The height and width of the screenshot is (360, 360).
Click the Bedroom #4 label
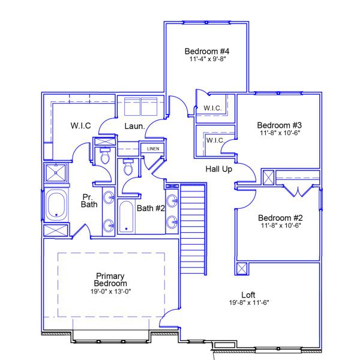[x=207, y=50]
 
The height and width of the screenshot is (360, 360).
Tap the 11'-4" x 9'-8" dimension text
[x=207, y=59]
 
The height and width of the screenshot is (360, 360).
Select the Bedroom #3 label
[x=279, y=125]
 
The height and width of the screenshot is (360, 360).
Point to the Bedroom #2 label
[x=279, y=218]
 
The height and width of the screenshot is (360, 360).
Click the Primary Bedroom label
[x=111, y=280]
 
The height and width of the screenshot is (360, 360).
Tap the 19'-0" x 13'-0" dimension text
[x=111, y=291]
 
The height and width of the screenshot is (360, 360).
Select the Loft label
[x=248, y=295]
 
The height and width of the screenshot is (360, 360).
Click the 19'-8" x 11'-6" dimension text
[x=248, y=303]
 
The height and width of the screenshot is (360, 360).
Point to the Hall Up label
[x=219, y=169]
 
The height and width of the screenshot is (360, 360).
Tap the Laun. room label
[x=133, y=126]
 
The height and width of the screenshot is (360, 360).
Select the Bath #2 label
[x=151, y=208]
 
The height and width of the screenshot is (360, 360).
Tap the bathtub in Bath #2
[x=127, y=217]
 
